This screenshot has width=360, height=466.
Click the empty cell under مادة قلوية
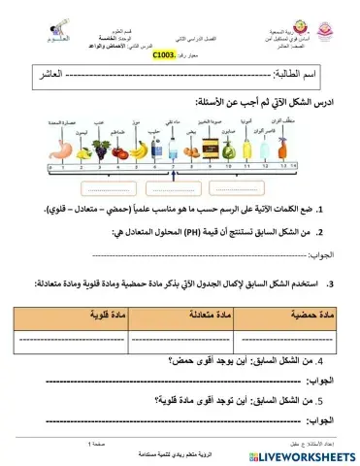(x=80, y=340)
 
